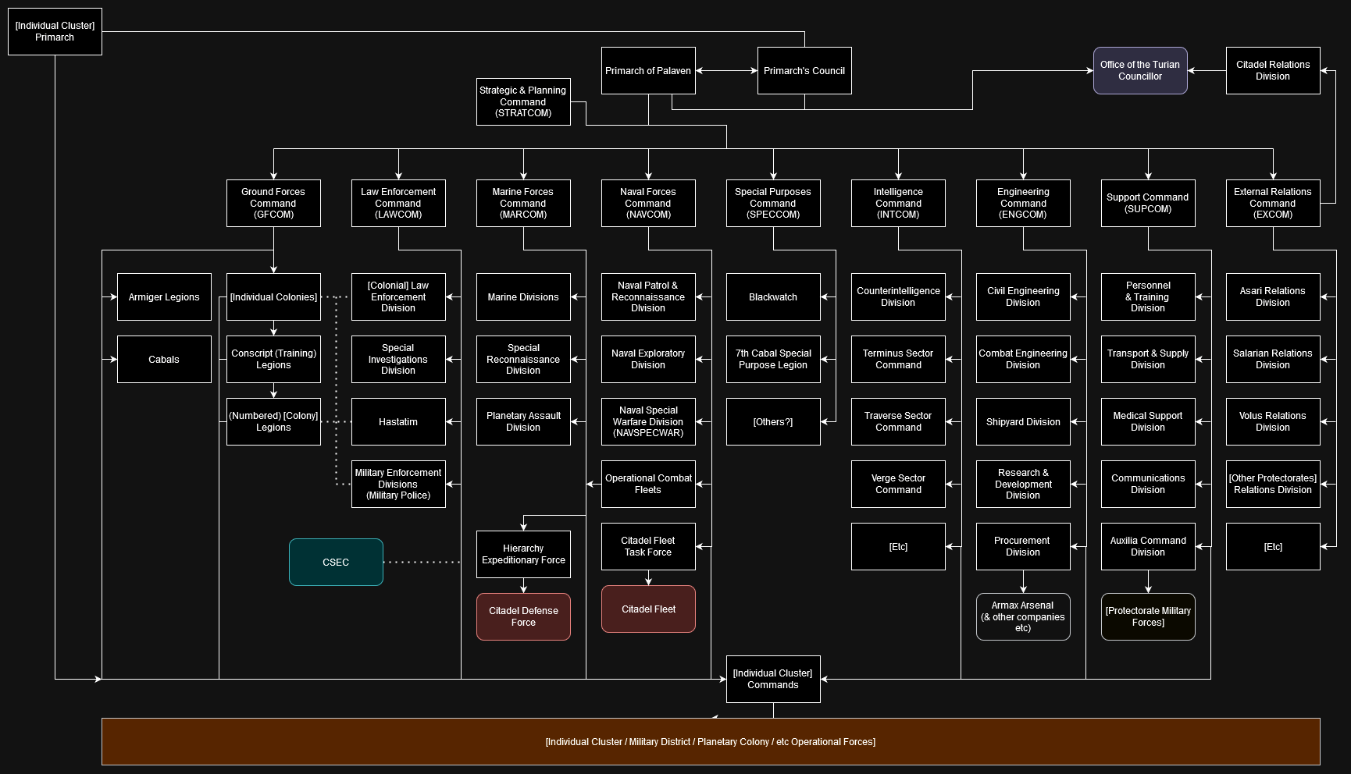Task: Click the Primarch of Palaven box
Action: pyautogui.click(x=648, y=70)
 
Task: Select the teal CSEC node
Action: pyautogui.click(x=336, y=562)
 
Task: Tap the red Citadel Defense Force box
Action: pyautogui.click(x=523, y=616)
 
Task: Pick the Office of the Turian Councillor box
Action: pyautogui.click(x=1140, y=70)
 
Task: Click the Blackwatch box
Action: pyautogui.click(x=773, y=296)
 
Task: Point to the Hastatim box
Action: pyautogui.click(x=398, y=421)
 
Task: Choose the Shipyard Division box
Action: pyautogui.click(x=1023, y=421)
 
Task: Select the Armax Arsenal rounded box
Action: pyautogui.click(x=1023, y=616)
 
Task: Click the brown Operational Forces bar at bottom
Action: pyautogui.click(x=711, y=741)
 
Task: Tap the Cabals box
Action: pyautogui.click(x=164, y=359)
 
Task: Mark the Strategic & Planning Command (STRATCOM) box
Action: pyautogui.click(x=523, y=101)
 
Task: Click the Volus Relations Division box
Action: pyautogui.click(x=1273, y=421)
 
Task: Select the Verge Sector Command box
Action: pyautogui.click(x=898, y=484)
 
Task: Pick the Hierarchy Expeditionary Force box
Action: pyautogui.click(x=523, y=554)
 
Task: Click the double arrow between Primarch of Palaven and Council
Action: pyautogui.click(x=726, y=70)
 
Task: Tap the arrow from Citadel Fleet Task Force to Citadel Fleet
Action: pyautogui.click(x=648, y=577)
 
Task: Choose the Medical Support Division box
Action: pyautogui.click(x=1148, y=421)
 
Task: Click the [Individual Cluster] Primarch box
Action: pyautogui.click(x=55, y=31)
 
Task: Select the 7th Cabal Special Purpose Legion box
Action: pyautogui.click(x=773, y=359)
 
